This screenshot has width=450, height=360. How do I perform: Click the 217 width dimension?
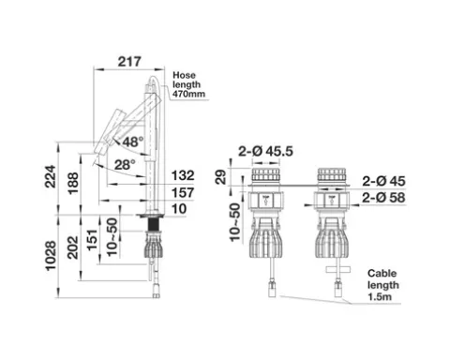129,62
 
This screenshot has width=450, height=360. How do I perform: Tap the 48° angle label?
133,142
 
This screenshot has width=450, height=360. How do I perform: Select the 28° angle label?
125,165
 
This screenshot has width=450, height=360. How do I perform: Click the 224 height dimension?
51,176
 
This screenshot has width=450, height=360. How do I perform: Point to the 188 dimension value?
73,184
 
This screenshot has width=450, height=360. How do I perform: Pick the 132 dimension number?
183,175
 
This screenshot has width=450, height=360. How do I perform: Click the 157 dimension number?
183,193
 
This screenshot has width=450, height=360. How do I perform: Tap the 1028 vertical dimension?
51,256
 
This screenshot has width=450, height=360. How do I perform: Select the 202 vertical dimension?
73,247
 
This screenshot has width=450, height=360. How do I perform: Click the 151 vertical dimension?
92,240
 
